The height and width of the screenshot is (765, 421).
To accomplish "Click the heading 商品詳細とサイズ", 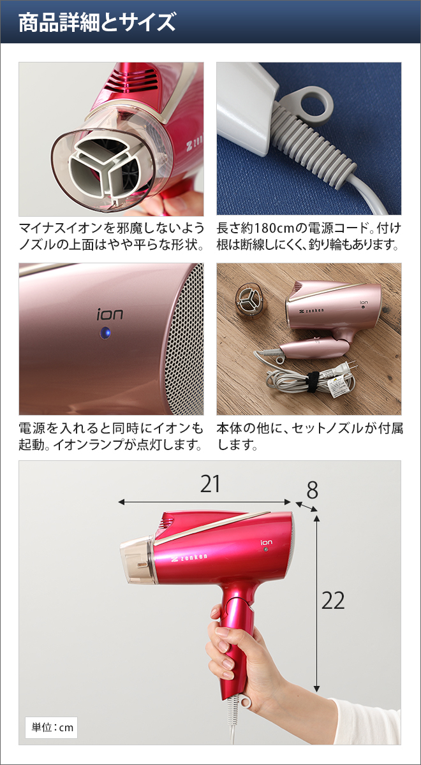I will [97, 23].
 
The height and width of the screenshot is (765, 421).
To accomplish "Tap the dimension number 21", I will [210, 485].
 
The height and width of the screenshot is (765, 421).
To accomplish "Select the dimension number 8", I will [312, 490].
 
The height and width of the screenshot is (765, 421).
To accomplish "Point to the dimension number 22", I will [333, 601].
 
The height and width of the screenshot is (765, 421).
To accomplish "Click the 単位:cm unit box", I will [50, 727].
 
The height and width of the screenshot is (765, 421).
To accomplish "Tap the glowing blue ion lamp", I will [105, 333].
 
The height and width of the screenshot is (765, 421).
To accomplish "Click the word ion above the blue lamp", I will [110, 314].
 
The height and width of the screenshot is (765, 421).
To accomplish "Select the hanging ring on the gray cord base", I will [317, 101].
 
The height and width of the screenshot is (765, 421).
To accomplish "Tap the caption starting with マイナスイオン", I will [112, 236].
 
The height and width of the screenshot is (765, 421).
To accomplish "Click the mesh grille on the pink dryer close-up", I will [184, 344].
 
